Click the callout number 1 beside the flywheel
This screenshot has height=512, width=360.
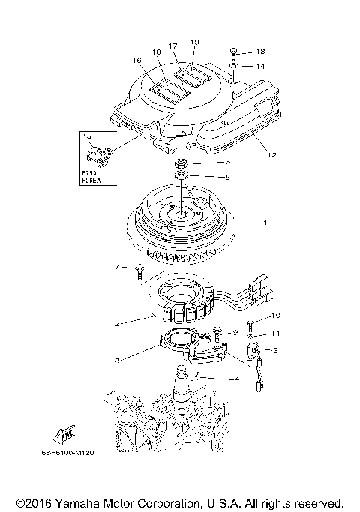pos(263,223)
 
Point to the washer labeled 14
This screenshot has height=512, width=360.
pos(235,67)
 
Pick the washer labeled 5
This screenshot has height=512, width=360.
pos(180,178)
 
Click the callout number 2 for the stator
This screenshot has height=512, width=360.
pos(117,324)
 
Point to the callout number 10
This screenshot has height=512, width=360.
pos(275,316)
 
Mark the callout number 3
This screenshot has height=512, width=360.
pos(275,350)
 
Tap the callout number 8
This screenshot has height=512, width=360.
pos(118,361)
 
